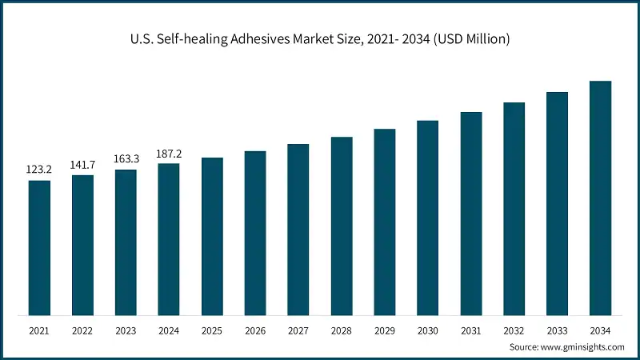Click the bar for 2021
39,247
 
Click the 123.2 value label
39,170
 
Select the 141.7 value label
82,164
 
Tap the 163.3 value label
126,158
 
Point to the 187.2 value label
169,153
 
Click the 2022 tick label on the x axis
82,330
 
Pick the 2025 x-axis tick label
212,330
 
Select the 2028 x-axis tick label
342,330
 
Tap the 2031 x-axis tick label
471,330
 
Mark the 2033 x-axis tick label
558,330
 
